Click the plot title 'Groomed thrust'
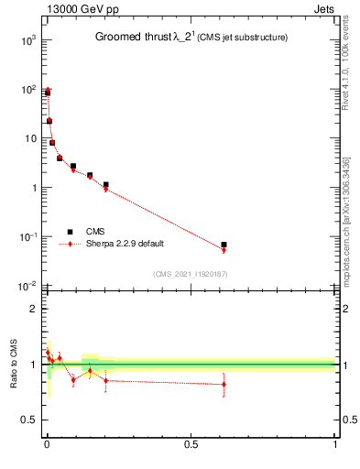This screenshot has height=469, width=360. tap(137, 38)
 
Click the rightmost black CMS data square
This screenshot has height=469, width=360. tap(224, 245)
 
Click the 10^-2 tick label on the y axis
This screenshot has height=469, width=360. tap(27, 286)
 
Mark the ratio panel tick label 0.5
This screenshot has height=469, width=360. tap(29, 420)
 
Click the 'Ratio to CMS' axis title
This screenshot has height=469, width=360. tap(13, 365)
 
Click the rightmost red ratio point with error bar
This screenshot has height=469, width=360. tap(224, 384)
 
